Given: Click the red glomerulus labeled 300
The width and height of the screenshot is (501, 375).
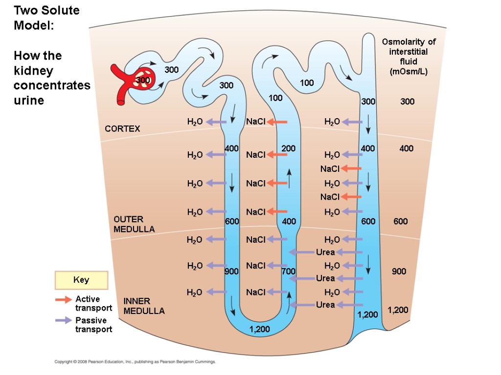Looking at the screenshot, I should coord(143,80).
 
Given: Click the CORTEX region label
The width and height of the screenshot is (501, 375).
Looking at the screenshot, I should coord(122,129).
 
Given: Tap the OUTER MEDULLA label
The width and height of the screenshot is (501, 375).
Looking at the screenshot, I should coord(134,224).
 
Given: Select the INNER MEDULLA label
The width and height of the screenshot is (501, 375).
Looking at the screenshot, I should coord(144,306).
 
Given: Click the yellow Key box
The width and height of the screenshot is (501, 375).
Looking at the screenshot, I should coord(81,280).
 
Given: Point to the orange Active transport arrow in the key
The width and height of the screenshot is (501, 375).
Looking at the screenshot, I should coord(63,299).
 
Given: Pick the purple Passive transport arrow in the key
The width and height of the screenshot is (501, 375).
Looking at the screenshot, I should coord(63,320).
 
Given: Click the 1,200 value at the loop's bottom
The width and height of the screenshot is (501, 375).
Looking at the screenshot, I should coord(259,330).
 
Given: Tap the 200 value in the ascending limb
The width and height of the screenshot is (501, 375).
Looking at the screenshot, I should coord(289,148).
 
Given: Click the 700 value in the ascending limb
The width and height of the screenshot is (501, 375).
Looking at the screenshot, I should coord(288,271).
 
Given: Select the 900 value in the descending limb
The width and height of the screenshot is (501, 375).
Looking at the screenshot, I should coord(231,271).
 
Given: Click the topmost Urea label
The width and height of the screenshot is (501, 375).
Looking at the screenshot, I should coord(325,252).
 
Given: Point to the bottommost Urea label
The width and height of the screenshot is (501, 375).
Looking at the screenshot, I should coord(325,305).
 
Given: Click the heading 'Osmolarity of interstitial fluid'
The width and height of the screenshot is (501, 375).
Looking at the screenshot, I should coord(409,57).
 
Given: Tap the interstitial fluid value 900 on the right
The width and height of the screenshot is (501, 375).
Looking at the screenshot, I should coord(399,271).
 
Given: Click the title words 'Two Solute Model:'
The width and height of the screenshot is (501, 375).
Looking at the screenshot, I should coord(46,18).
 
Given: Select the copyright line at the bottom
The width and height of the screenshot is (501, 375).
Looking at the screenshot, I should coord(135,362).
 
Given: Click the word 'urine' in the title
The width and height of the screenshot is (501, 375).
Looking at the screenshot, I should coord(29,100).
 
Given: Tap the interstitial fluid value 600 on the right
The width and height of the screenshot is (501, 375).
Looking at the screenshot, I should coord(401,222).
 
